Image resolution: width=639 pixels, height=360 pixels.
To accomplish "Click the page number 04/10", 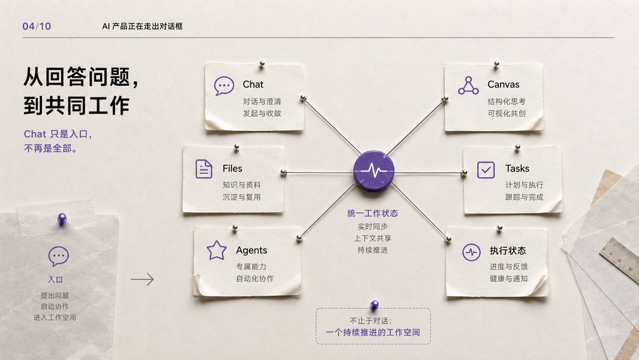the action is click(x=37, y=27).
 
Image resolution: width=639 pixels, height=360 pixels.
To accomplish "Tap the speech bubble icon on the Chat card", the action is click(x=224, y=86).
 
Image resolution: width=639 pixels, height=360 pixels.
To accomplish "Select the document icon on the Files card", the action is click(x=204, y=169).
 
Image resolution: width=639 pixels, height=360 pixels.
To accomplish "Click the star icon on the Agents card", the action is click(x=216, y=250).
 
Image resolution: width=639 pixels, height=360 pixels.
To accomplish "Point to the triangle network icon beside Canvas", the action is click(x=468, y=86).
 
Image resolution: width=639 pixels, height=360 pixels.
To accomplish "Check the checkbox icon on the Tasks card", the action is click(x=486, y=170).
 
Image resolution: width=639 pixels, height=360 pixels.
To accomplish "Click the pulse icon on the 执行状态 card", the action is click(x=472, y=252).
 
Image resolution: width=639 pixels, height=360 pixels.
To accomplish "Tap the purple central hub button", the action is click(x=374, y=171).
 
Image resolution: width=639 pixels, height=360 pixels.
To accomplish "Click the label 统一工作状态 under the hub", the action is click(x=373, y=213).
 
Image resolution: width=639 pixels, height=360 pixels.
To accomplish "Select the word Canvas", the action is click(x=503, y=84).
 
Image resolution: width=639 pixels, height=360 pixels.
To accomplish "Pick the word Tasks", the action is click(x=517, y=169).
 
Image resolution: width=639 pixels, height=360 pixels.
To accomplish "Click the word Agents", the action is click(x=252, y=250).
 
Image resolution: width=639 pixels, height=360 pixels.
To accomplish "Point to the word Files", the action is click(x=232, y=169).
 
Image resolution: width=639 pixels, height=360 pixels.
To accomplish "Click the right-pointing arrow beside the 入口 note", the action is click(x=142, y=279).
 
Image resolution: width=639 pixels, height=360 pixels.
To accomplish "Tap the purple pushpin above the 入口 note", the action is click(x=62, y=219).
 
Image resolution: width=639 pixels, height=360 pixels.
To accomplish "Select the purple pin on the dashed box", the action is click(x=374, y=305).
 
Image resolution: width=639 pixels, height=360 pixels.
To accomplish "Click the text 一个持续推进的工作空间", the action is click(x=373, y=333).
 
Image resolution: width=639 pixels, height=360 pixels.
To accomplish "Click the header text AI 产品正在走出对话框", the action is click(x=142, y=27).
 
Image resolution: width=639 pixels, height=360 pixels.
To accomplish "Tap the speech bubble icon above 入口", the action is click(x=59, y=257).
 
